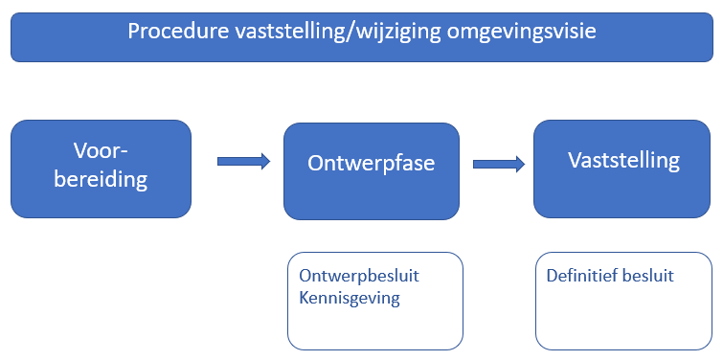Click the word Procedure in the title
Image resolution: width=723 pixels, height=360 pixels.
click(x=178, y=32)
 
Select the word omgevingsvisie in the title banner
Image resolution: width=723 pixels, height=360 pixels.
click(x=522, y=33)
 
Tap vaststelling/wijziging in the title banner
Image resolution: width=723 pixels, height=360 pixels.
click(x=338, y=33)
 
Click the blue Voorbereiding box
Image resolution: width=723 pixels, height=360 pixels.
click(x=101, y=169)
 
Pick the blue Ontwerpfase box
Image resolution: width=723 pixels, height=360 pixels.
click(x=372, y=171)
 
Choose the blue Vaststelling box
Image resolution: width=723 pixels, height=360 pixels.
click(x=622, y=169)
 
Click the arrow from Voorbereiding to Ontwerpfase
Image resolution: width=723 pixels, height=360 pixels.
click(x=243, y=162)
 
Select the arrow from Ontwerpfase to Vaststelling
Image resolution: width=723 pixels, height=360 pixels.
click(x=499, y=164)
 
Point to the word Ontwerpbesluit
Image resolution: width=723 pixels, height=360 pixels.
click(x=359, y=276)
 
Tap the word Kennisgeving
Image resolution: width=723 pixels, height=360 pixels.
click(x=350, y=298)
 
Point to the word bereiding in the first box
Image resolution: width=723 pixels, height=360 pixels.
click(x=101, y=179)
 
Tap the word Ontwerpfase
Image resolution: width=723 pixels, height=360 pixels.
click(x=372, y=163)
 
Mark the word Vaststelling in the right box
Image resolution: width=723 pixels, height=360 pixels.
click(x=623, y=161)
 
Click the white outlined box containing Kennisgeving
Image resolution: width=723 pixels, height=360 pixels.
click(x=375, y=301)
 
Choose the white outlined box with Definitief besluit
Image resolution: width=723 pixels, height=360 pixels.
click(x=623, y=301)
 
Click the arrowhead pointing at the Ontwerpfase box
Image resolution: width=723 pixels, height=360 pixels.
click(x=265, y=162)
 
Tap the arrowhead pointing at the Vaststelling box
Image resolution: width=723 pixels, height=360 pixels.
click(x=521, y=164)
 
